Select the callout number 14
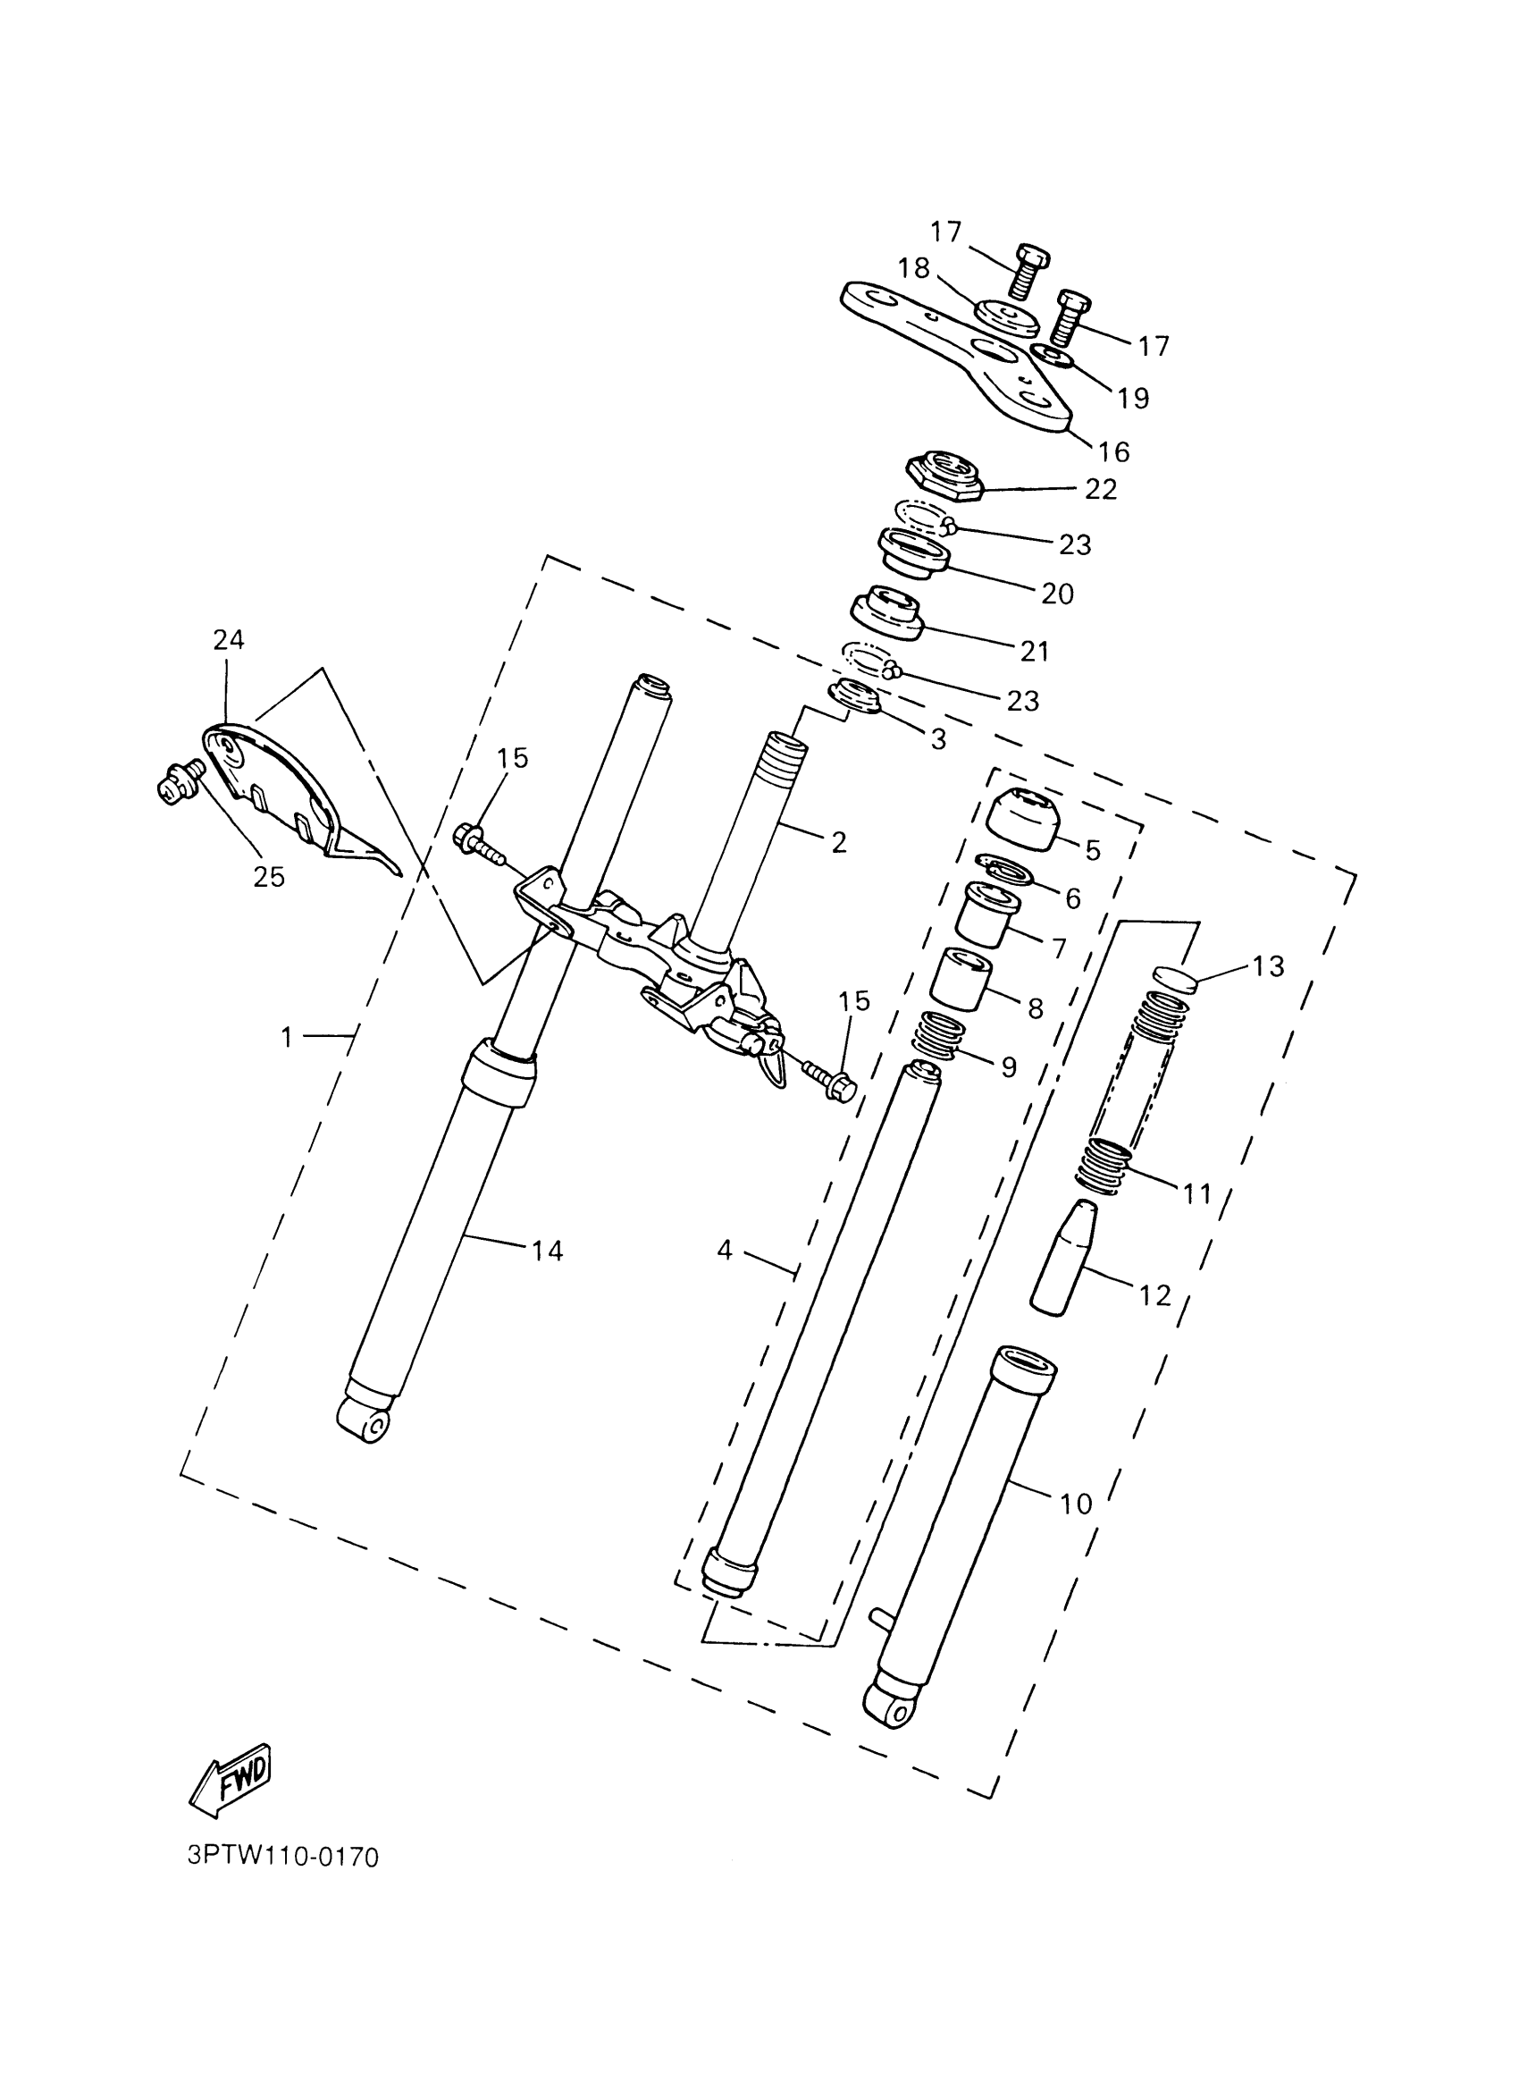pyautogui.click(x=546, y=1251)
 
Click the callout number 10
pyautogui.click(x=1075, y=1504)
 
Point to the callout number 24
pyautogui.click(x=229, y=639)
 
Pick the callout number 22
pyautogui.click(x=1100, y=489)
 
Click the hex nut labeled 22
pyautogui.click(x=945, y=476)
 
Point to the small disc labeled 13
pyautogui.click(x=1174, y=978)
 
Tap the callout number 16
pyautogui.click(x=1113, y=451)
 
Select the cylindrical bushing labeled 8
pyautogui.click(x=960, y=979)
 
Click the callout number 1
pyautogui.click(x=287, y=1038)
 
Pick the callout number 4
pyautogui.click(x=725, y=1251)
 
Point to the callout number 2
pyautogui.click(x=838, y=842)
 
